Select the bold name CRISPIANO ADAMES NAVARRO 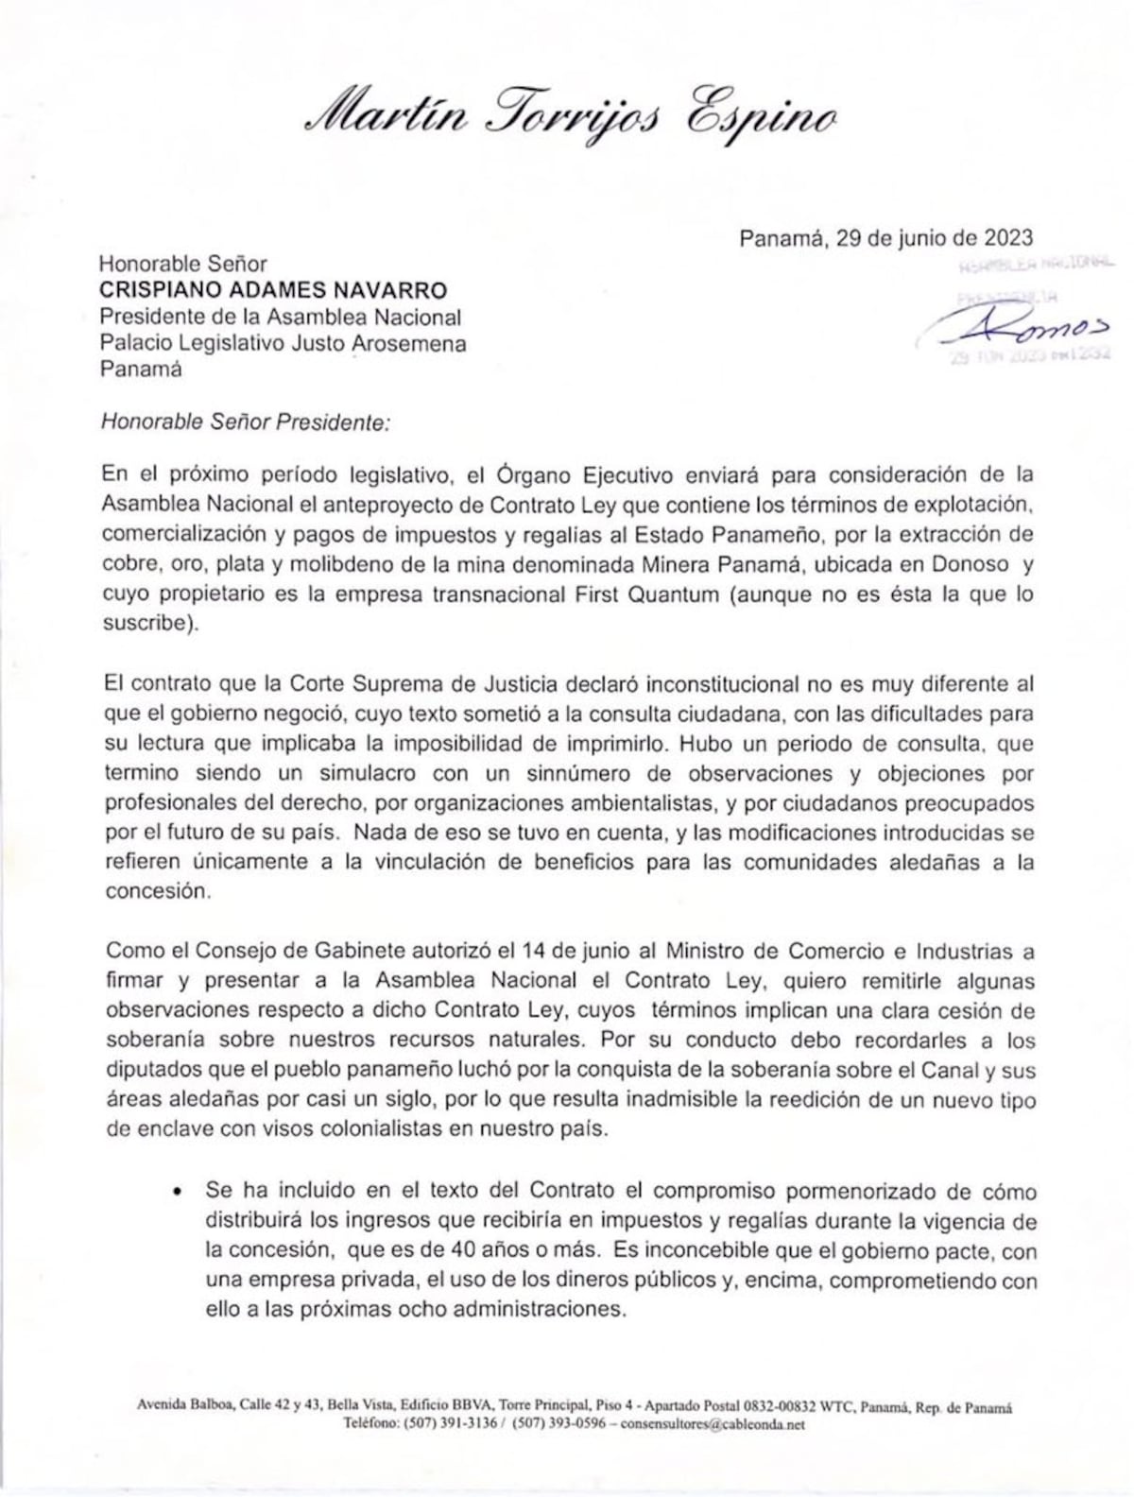point(274,290)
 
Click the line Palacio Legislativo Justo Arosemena point(283,343)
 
